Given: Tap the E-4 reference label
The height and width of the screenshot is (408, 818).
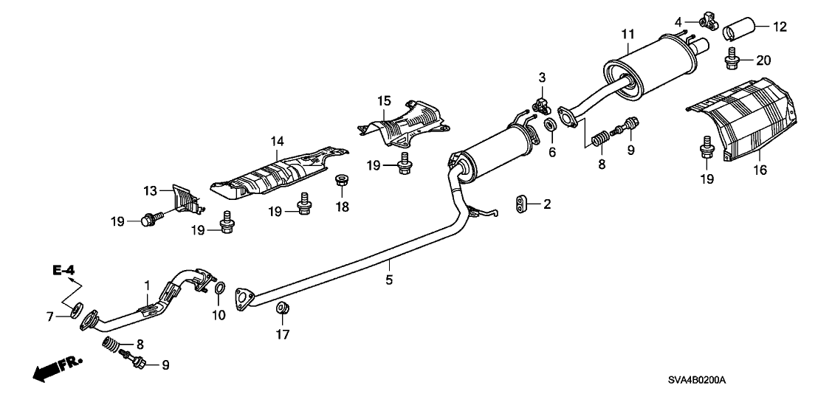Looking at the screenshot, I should pyautogui.click(x=64, y=272).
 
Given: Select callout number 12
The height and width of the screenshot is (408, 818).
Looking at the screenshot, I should pyautogui.click(x=780, y=27).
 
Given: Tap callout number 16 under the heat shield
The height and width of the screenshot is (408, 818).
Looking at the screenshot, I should pyautogui.click(x=760, y=170).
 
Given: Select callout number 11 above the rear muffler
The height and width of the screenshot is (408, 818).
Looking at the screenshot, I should pyautogui.click(x=628, y=34).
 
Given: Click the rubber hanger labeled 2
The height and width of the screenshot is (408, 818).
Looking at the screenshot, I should pyautogui.click(x=521, y=204).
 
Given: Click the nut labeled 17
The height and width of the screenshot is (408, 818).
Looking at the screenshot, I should pyautogui.click(x=281, y=308).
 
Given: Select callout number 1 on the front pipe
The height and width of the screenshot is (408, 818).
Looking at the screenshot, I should pyautogui.click(x=146, y=285).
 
